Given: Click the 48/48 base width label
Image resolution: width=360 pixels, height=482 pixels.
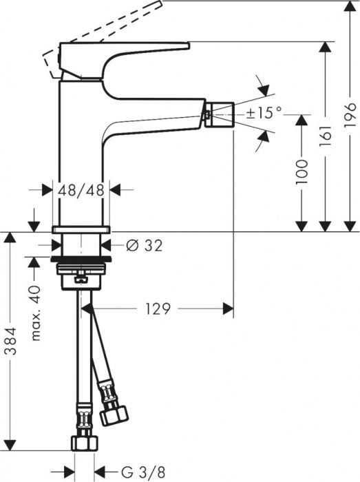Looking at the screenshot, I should coord(82,191).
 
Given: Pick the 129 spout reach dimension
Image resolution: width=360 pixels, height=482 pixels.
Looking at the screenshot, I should coord(157,309).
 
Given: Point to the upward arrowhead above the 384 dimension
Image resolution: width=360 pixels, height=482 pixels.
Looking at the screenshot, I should coord(10,238).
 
